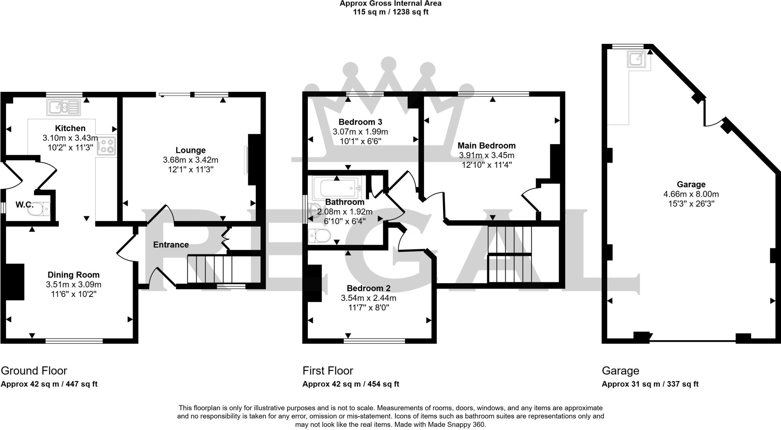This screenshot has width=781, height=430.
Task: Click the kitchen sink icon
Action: [64, 107]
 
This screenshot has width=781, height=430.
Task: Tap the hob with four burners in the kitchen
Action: [106, 146]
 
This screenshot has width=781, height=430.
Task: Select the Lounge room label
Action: [190, 150]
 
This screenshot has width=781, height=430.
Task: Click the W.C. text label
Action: [24, 205]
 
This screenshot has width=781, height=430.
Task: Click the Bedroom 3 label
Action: [360, 122]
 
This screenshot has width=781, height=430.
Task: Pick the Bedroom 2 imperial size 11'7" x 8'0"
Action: [368, 307]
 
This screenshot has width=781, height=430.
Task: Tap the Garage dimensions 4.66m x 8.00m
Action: [691, 194]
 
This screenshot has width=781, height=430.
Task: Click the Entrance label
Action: [171, 245]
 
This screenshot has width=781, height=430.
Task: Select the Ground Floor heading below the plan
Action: [34, 371]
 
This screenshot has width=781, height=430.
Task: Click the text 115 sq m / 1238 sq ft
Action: [390, 12]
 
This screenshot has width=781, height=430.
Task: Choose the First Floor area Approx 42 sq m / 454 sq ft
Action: [350, 384]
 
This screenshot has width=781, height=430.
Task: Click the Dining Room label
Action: [73, 274]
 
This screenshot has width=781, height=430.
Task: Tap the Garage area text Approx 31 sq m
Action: [630, 384]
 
